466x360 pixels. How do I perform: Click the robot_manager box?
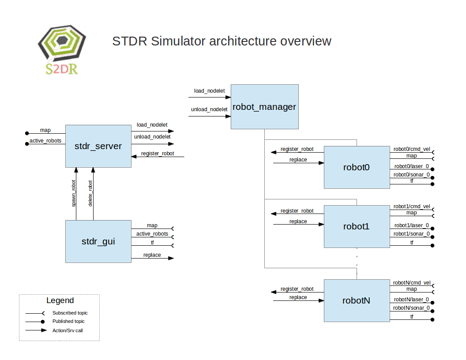tap(264, 107)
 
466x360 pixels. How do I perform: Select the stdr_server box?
tap(98, 146)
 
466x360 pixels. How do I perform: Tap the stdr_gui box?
tap(98, 241)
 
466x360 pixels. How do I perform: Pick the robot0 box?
tap(357, 167)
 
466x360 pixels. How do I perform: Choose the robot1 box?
tap(357, 226)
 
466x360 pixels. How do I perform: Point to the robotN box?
tap(357, 300)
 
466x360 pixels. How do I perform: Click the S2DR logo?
tap(62, 49)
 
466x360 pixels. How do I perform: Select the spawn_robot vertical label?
tap(74, 193)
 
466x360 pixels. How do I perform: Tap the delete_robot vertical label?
tap(90, 193)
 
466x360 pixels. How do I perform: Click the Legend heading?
tap(60, 300)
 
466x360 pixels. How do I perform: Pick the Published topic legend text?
tap(68, 321)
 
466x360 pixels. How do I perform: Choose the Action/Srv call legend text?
tap(68, 330)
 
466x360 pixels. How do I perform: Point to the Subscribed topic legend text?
tap(70, 313)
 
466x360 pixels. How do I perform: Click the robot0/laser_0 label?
tap(411, 166)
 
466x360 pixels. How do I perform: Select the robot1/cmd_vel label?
tap(412, 206)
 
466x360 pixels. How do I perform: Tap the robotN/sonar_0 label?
tap(411, 308)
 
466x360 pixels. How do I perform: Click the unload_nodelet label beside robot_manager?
tap(209, 109)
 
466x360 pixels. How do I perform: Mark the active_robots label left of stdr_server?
tap(45, 141)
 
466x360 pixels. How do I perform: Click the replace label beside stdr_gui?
tap(152, 255)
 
